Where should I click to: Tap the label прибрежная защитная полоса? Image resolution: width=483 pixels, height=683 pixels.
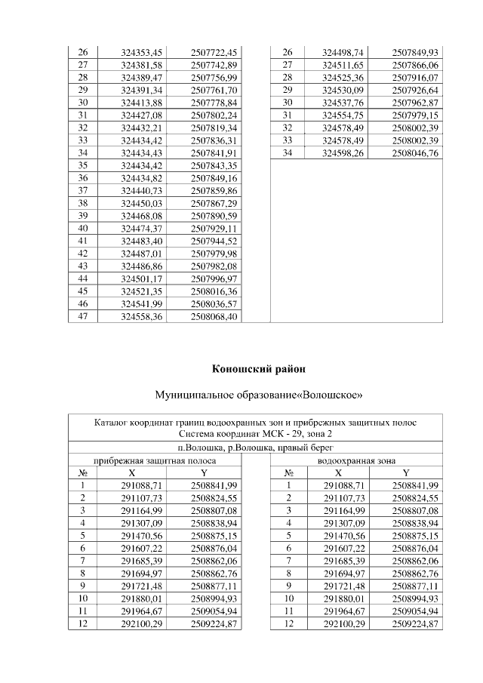155,460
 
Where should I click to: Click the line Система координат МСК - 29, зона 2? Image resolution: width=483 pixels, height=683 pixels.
256,434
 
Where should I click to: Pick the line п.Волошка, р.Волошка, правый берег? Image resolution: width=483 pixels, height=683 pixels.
256,448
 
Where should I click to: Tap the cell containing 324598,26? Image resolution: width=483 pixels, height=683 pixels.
343,153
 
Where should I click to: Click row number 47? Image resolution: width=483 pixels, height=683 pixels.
83,317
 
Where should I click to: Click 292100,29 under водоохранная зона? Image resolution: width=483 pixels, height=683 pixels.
344,624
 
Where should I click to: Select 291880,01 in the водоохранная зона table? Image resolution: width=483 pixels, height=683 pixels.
344,598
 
